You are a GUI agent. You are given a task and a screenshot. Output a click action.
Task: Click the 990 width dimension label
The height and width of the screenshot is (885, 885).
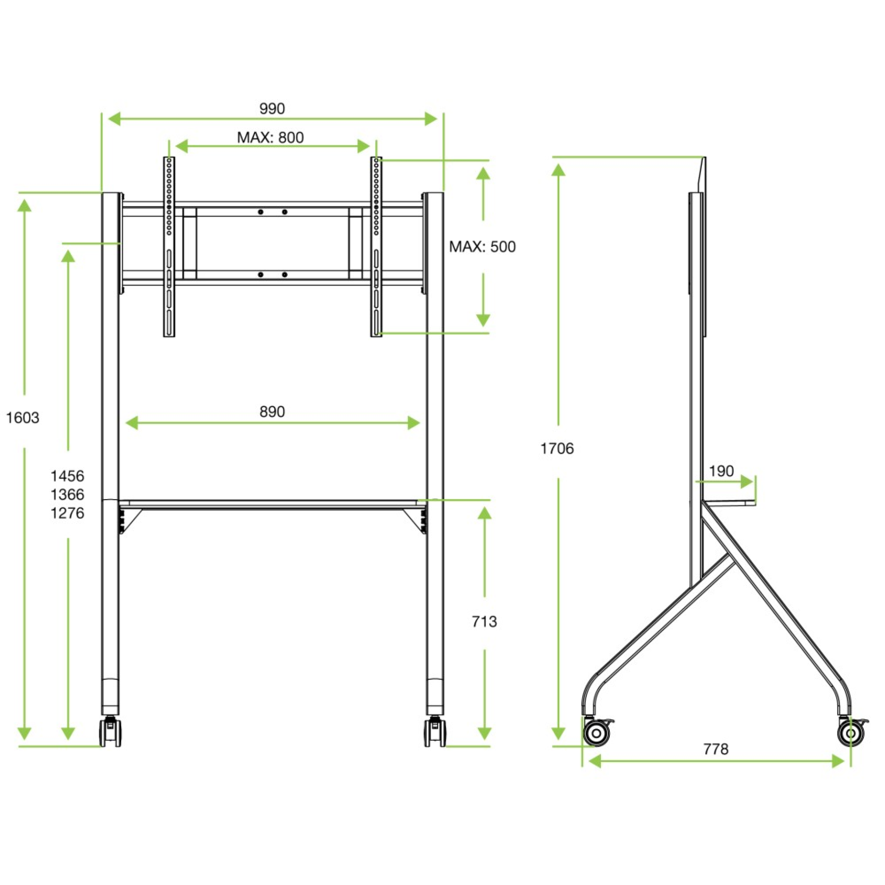[x=272, y=109]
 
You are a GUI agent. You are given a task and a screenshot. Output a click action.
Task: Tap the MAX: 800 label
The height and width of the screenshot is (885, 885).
[x=271, y=137]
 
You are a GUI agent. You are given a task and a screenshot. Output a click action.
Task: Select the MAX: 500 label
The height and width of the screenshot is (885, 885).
[x=482, y=247]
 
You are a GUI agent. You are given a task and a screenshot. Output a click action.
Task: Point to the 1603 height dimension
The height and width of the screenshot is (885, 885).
[x=23, y=418]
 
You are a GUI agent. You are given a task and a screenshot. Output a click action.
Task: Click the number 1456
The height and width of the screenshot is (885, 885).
[x=67, y=476]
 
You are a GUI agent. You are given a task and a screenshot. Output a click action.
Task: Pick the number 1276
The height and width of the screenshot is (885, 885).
[x=67, y=513]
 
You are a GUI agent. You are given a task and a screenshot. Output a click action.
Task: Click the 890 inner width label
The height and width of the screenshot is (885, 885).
[x=272, y=412]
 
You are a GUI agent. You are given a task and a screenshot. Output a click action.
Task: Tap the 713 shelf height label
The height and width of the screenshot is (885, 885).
[x=484, y=621]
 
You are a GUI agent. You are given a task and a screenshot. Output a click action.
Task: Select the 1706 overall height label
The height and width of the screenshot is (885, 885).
[x=557, y=448]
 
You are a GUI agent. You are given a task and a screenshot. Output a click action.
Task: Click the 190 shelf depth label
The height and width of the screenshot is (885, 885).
[x=721, y=471]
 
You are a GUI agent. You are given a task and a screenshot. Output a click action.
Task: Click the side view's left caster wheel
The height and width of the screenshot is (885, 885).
[x=596, y=733]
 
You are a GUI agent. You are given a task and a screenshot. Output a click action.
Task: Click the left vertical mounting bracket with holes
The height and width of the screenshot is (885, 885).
[x=169, y=247]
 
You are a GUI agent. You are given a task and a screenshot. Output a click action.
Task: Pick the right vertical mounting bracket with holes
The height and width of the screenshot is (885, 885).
[x=376, y=247]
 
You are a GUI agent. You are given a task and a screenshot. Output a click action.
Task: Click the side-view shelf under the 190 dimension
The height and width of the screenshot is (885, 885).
[x=728, y=503]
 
